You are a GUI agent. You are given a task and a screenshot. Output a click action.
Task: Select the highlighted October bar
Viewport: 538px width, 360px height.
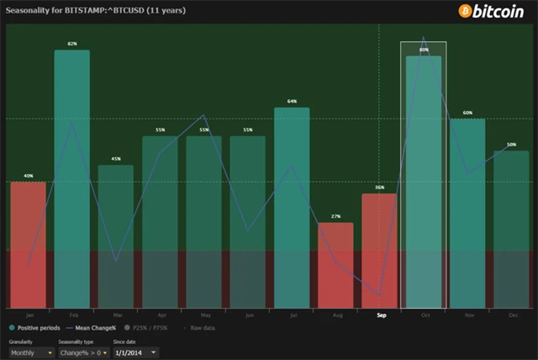pyautogui.click(x=423, y=181)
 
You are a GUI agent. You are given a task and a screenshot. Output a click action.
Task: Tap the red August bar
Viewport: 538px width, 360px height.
pyautogui.click(x=335, y=265)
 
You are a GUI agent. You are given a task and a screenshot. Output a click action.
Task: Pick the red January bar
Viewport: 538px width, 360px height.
pyautogui.click(x=29, y=244)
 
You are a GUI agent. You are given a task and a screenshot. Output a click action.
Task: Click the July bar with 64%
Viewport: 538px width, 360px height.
pyautogui.click(x=292, y=207)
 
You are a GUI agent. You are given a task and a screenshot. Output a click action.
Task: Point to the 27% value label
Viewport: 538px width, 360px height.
pyautogui.click(x=335, y=216)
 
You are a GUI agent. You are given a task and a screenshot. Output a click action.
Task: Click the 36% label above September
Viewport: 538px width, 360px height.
pyautogui.click(x=379, y=188)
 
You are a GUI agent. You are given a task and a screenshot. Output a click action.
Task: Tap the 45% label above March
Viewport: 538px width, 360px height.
pyautogui.click(x=116, y=159)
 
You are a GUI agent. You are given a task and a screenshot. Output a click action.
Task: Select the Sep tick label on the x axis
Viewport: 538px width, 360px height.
pyautogui.click(x=382, y=315)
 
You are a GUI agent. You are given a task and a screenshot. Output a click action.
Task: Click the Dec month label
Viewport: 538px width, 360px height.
pyautogui.click(x=511, y=315)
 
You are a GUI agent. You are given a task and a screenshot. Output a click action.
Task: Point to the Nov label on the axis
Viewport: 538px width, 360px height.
pyautogui.click(x=467, y=315)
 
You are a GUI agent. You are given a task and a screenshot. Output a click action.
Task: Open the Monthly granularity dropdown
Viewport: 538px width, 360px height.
pyautogui.click(x=32, y=352)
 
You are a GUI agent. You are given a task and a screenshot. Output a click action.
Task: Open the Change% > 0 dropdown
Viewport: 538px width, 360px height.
pyautogui.click(x=81, y=352)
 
